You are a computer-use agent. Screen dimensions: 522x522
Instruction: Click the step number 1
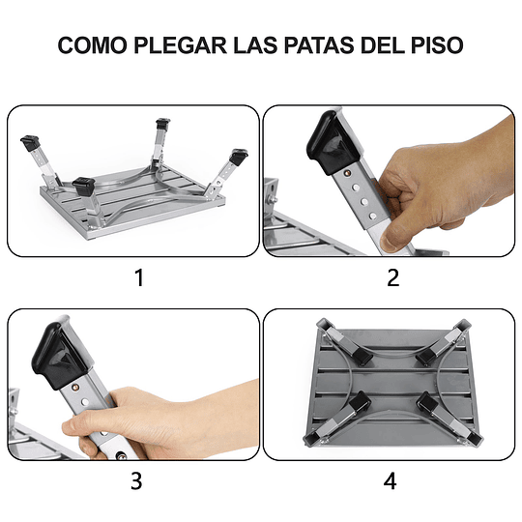coord(138,278)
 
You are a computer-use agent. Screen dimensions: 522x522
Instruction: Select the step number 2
coord(391,278)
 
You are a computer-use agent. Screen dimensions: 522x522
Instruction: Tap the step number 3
coord(138,480)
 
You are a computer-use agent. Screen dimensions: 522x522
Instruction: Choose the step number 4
coord(391,480)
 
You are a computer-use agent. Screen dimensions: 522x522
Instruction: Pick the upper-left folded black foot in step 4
coord(361,356)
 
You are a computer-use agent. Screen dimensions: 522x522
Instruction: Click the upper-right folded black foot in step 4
coord(422,354)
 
